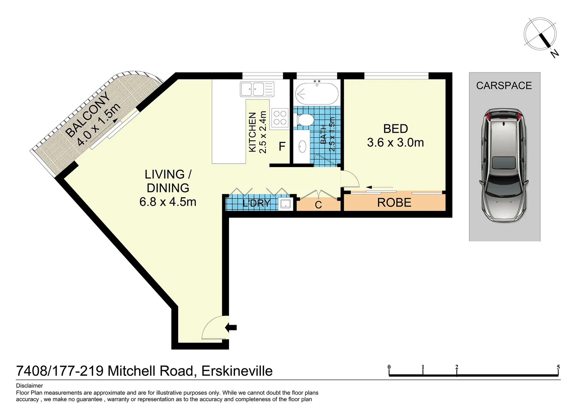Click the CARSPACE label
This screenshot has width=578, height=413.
point(504,86)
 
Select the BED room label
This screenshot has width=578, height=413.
point(395,129)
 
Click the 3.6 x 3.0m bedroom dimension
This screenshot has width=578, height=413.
point(395,143)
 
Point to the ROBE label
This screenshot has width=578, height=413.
point(394,203)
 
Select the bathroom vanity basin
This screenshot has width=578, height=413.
point(303,146)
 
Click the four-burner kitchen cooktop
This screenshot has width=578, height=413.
point(280,118)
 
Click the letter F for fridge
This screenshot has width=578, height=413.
point(282,146)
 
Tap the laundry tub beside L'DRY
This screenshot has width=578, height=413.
point(285,203)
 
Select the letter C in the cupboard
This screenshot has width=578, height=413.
point(318,205)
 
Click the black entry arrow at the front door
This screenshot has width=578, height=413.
point(231,327)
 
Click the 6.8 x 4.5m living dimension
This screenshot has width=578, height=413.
point(168,202)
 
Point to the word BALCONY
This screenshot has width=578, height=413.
point(88,114)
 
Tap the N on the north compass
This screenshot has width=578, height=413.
point(555,54)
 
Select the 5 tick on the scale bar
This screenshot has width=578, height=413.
point(558,367)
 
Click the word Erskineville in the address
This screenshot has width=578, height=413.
point(237,371)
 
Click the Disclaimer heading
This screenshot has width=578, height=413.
point(29,385)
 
